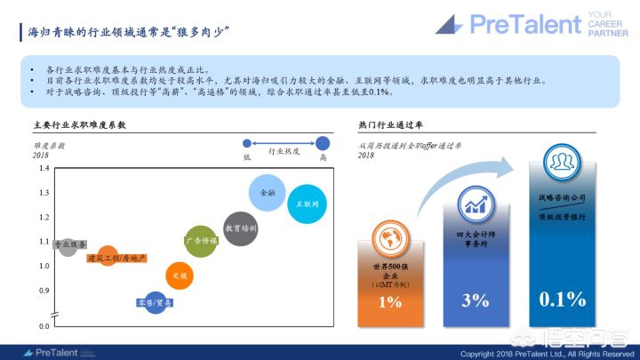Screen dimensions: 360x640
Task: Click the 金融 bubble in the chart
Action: pos(268,192)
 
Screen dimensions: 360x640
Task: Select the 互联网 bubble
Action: pos(308,204)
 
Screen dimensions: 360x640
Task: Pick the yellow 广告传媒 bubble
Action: pos(200,241)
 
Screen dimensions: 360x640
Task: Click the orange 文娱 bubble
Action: pos(180,276)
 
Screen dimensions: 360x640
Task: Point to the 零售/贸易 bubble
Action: pos(155,304)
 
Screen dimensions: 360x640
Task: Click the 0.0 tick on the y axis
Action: pos(44,327)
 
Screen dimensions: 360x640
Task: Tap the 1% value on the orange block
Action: pos(388,302)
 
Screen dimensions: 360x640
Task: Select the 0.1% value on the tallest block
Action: pos(563,299)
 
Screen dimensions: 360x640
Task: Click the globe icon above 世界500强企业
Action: pos(389,238)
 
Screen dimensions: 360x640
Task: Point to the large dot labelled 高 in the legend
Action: pos(323,142)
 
